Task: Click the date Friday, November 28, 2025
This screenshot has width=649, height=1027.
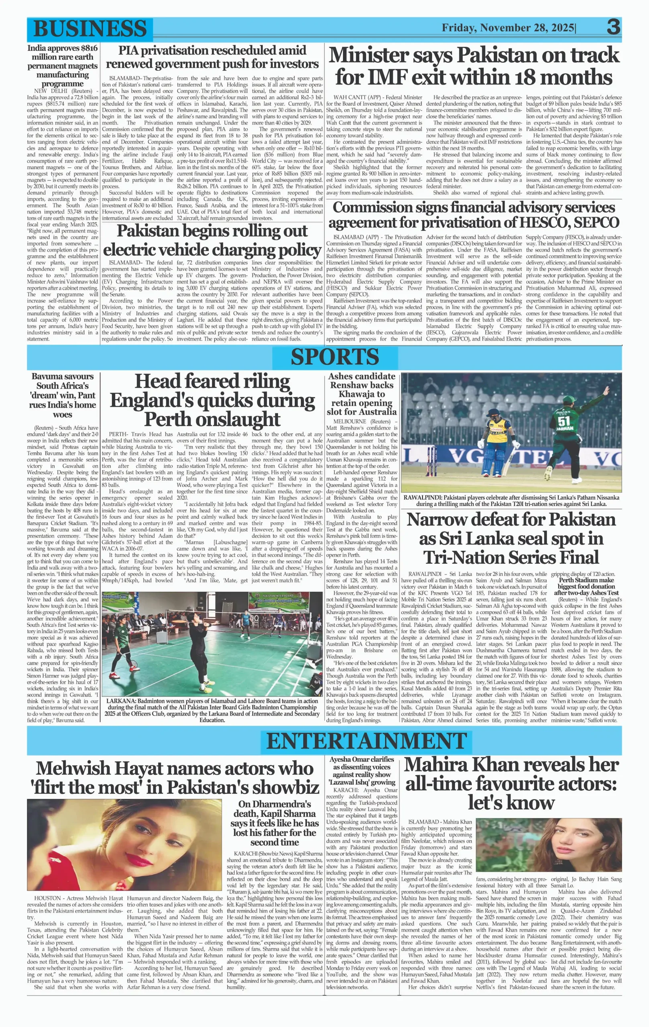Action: [508, 28]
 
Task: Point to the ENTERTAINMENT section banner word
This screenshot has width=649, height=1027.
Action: [366, 741]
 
